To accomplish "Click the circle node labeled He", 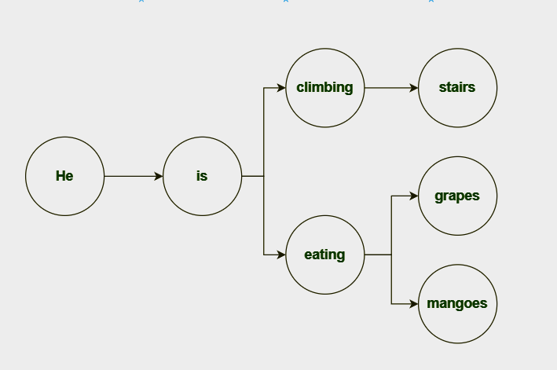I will tap(64, 176).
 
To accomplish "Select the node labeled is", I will tap(202, 176).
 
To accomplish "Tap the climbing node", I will tap(324, 87).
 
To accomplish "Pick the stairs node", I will tap(457, 87).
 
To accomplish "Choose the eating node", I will tap(324, 255).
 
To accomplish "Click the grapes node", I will tap(457, 196).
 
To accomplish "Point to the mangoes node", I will tap(457, 303).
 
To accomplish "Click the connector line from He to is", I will tap(130, 176).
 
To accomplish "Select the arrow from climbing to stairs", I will tap(389, 87).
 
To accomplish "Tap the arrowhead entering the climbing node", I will tap(280, 87).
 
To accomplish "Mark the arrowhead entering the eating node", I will tap(280, 255).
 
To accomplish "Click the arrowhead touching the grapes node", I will tap(414, 196).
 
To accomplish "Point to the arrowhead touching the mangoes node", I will tap(414, 303).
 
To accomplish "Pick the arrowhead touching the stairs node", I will tap(414, 87).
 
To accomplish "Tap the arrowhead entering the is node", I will tap(158, 176).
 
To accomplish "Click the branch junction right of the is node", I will tap(264, 176).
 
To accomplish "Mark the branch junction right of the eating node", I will tap(391, 255).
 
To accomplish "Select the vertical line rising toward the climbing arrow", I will tap(264, 130).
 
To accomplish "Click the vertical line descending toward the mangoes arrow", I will tap(391, 280).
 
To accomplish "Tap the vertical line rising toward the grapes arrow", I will tap(391, 224).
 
